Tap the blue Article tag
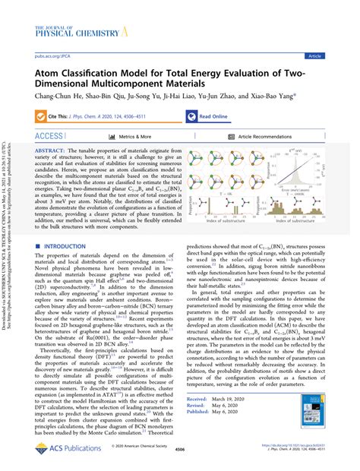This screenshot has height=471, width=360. coord(334,55)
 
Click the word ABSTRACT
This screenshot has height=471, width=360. coord(52,152)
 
